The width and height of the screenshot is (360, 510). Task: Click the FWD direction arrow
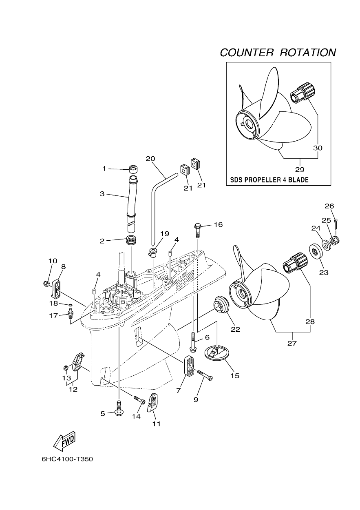point(64,440)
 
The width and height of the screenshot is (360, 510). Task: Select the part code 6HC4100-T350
point(67,459)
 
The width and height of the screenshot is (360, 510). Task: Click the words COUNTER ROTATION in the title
point(278,53)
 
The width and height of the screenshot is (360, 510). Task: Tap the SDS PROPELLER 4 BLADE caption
point(269,180)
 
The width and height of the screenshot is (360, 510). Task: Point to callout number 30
point(318,148)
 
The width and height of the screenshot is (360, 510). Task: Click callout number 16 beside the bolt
point(218,225)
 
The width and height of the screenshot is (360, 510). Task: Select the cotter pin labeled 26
point(335,223)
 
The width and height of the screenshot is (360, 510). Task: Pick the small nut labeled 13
point(66,368)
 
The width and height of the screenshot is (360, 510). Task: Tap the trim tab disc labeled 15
point(216,353)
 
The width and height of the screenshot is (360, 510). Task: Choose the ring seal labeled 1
point(132,169)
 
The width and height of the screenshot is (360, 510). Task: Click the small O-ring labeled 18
point(71,304)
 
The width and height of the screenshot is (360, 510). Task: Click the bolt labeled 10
point(46,283)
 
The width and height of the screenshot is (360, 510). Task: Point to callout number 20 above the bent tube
point(150,158)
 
